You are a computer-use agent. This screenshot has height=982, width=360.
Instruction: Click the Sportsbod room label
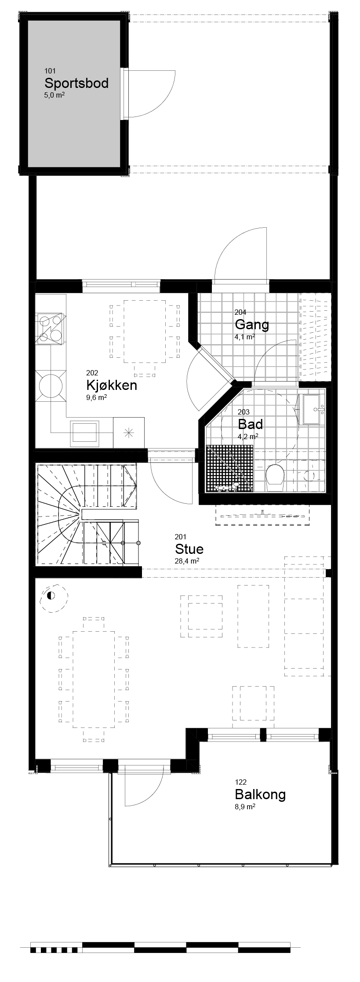coord(76,83)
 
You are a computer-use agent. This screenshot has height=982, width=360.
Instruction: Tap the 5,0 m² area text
coord(55,95)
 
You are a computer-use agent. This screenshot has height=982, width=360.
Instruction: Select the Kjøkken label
coord(112,385)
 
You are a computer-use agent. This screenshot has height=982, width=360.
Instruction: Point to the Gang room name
coord(252,325)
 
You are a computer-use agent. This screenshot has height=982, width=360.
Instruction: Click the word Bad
coord(250,424)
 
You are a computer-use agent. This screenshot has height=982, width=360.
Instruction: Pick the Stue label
coord(189,549)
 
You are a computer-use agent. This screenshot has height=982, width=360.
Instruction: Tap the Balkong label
coord(260,794)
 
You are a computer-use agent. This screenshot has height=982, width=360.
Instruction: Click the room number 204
coord(240,312)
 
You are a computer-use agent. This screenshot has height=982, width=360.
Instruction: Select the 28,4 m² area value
coord(187,561)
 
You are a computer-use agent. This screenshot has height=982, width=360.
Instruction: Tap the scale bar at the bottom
coord(160,946)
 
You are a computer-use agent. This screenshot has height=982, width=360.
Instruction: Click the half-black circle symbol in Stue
coord(51,596)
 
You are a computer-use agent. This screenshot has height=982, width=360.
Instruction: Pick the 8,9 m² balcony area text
coord(245,807)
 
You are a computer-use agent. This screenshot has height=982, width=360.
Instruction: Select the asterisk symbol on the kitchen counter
coord(128,433)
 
